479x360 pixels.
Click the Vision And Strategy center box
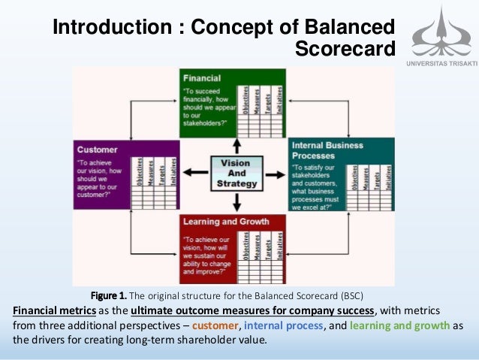click(x=236, y=172)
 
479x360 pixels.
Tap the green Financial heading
click(x=200, y=77)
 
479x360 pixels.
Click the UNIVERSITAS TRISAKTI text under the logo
click(x=441, y=63)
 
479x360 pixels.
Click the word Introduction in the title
click(x=110, y=28)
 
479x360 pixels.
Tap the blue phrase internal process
click(x=284, y=325)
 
